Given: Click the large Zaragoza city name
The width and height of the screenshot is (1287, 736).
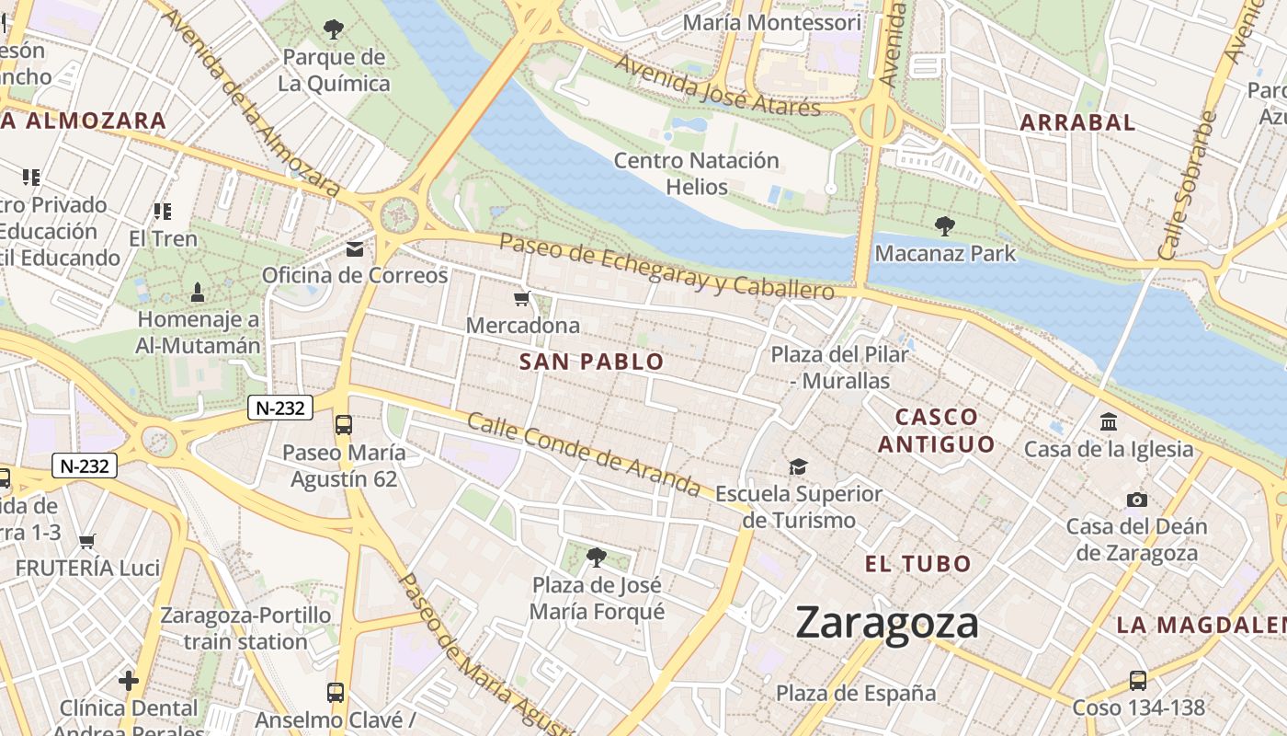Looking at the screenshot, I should (886, 623).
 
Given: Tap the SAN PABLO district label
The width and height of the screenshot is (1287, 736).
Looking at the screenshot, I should (591, 362).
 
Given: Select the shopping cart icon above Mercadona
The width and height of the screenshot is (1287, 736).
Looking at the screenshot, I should (522, 298).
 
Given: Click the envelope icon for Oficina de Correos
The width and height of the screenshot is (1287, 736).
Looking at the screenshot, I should (355, 249).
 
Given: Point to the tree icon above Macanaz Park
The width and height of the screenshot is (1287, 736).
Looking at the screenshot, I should (944, 226).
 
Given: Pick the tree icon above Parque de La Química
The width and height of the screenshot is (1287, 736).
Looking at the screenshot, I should (334, 30).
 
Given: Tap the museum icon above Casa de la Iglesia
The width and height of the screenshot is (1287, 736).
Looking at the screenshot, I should (1109, 422).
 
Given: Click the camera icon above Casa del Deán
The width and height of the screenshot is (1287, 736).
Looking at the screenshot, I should (1137, 500).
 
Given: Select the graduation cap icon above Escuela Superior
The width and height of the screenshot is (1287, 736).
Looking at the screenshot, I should (798, 467).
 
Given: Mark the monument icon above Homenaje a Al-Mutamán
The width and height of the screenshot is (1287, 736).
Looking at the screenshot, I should (198, 293).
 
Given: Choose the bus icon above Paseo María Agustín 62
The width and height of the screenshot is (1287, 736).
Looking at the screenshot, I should (343, 425).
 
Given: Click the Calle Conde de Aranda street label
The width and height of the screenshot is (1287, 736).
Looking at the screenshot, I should (584, 454).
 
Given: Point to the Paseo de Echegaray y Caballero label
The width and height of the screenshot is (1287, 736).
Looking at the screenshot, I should (666, 266).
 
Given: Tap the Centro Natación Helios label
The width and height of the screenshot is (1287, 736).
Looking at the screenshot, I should (696, 174).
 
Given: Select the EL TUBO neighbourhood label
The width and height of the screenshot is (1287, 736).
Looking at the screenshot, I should (917, 564).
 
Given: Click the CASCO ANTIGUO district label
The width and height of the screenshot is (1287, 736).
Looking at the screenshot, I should (936, 431).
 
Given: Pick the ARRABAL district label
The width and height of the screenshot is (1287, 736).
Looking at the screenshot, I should (1077, 122).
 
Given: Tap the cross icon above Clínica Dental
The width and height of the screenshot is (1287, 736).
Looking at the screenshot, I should (129, 681).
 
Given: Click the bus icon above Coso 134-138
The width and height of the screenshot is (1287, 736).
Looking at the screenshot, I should (1138, 681).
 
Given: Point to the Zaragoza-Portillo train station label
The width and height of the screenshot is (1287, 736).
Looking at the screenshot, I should (245, 627).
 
